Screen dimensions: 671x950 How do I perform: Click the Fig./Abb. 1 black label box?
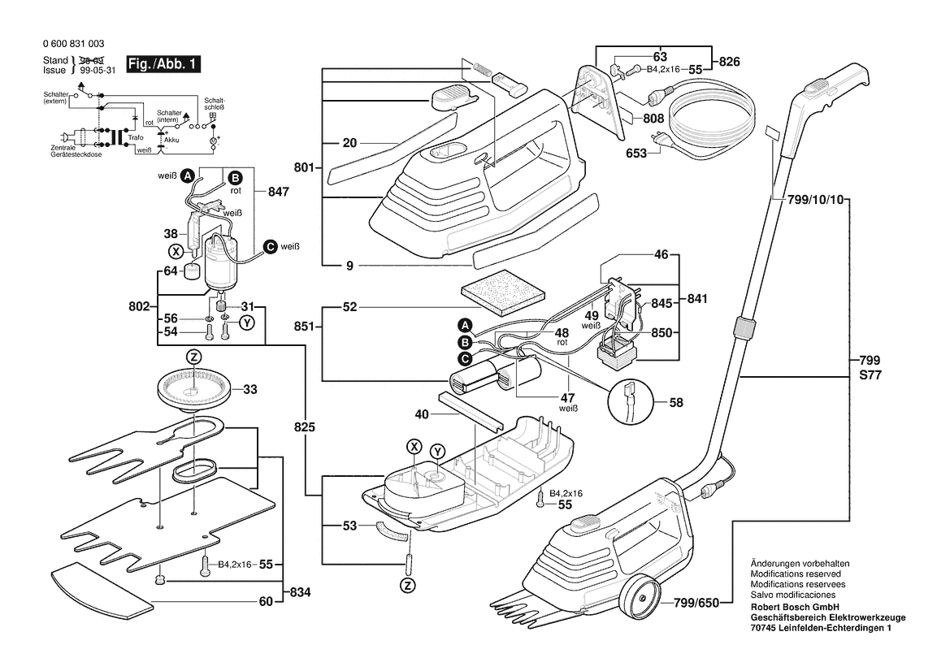click(163, 64)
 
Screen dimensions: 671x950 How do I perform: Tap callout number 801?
click(303, 167)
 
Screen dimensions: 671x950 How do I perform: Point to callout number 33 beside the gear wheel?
click(249, 390)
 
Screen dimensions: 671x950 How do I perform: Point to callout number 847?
click(278, 193)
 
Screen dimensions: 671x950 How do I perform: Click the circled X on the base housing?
click(414, 446)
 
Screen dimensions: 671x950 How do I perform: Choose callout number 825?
click(304, 427)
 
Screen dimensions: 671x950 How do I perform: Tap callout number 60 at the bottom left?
click(265, 602)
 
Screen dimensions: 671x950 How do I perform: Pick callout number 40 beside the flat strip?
click(421, 413)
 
